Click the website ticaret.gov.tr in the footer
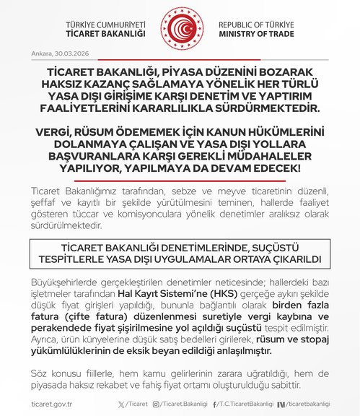52,402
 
